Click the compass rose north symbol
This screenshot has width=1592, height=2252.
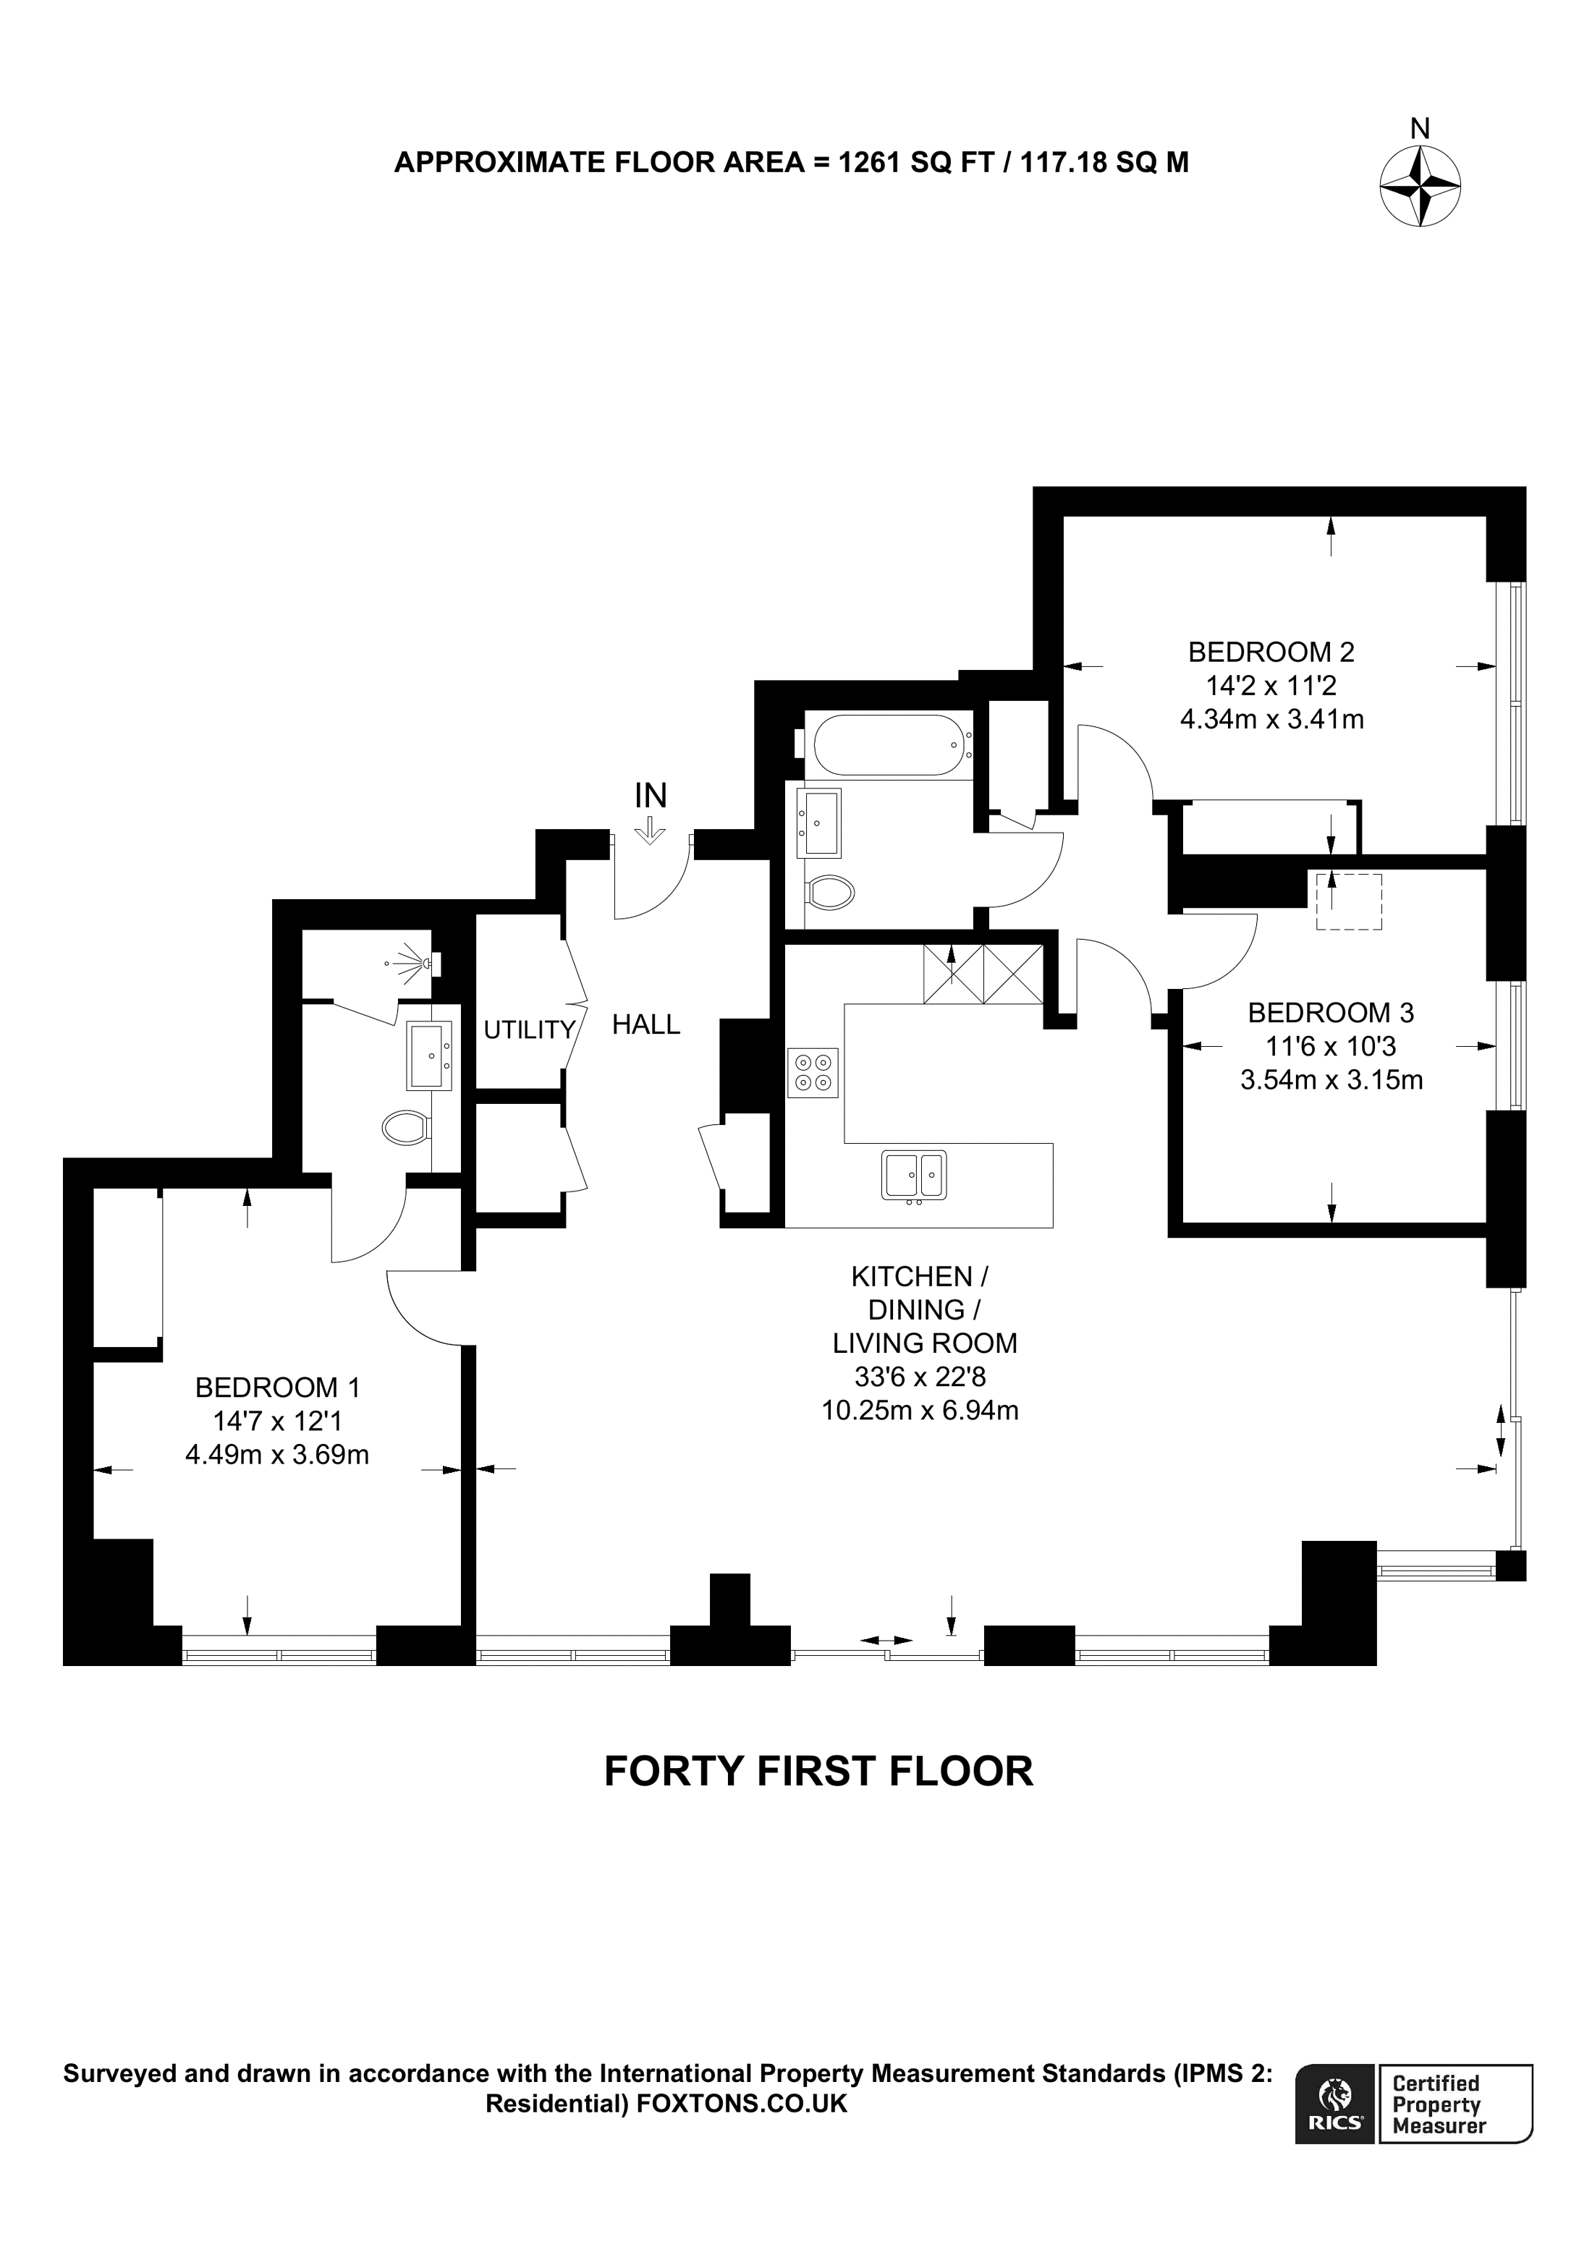1419,185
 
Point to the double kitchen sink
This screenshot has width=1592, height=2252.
913,1174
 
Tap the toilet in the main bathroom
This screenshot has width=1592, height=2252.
829,893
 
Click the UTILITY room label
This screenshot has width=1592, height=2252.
529,1030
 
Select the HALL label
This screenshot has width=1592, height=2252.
645,1025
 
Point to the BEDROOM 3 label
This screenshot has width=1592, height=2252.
1331,1012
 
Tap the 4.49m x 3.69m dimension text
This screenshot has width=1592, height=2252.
276,1455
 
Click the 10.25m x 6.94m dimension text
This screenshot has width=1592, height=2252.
919,1411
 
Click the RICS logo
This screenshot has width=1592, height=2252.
1335,2105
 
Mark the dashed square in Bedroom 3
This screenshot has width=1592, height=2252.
1347,901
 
